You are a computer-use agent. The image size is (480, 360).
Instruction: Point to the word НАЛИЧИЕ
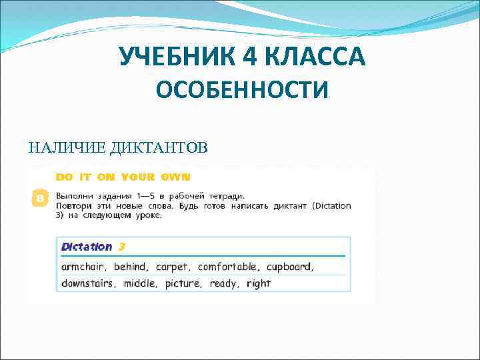click(64, 147)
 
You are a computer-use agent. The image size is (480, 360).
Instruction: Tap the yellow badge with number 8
click(40, 199)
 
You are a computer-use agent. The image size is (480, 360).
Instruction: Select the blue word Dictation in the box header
click(87, 247)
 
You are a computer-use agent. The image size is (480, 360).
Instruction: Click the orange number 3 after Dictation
click(122, 247)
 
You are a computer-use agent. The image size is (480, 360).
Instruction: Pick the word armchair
click(84, 267)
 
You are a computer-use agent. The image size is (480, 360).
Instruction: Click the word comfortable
click(229, 267)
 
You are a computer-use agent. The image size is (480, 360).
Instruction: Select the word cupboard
click(289, 267)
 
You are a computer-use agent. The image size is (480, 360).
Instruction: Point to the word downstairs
click(88, 283)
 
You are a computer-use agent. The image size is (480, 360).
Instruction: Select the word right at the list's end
click(258, 283)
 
